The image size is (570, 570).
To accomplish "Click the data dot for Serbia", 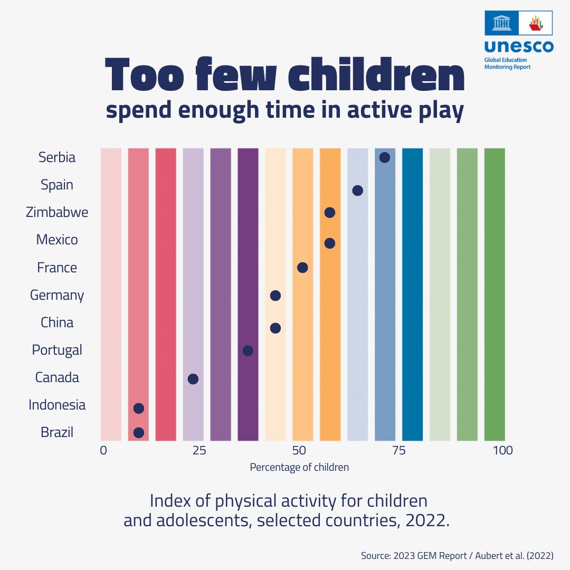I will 385,157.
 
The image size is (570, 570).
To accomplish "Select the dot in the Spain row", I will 357,191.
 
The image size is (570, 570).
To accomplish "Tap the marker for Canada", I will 193,379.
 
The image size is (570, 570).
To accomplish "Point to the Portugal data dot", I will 248,350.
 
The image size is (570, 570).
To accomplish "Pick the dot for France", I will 302,268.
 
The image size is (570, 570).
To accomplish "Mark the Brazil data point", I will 138,433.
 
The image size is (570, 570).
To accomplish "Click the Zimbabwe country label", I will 57,213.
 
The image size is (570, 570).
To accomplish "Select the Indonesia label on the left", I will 57,405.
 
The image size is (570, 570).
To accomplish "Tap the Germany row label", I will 57,295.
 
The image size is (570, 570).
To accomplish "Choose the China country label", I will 57,322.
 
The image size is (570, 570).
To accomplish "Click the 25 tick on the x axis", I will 198,450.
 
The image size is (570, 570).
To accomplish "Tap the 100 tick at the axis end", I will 502,450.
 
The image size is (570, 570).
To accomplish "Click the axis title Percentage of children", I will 299,467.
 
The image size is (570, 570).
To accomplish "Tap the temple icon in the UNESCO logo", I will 501,23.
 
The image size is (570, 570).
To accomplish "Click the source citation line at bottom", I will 457,556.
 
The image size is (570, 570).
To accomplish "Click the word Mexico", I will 57,240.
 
